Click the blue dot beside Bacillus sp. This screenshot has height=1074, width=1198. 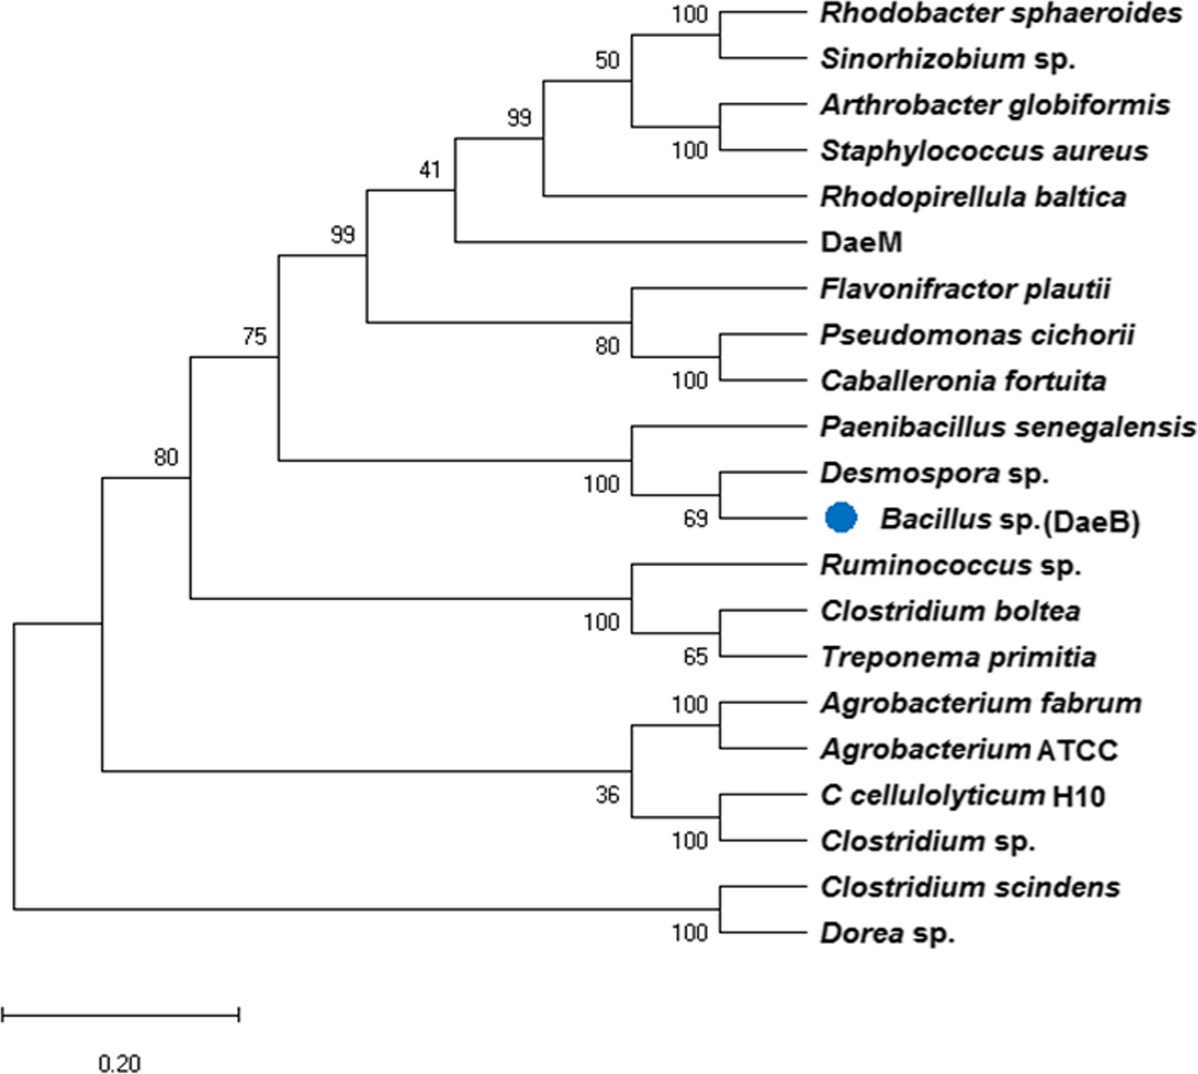(840, 518)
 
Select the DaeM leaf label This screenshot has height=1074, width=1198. (861, 243)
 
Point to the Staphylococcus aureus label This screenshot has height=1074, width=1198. (984, 151)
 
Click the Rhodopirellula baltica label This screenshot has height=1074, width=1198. (973, 197)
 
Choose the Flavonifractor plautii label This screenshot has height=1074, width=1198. (965, 289)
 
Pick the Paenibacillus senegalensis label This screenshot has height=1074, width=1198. (1008, 427)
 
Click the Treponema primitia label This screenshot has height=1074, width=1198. (958, 657)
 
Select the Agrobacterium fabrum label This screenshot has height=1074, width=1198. (981, 703)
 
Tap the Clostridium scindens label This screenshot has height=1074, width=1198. (970, 887)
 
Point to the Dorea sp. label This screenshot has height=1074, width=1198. (888, 933)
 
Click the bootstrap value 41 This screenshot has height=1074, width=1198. (430, 171)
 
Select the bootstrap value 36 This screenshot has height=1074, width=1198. (607, 794)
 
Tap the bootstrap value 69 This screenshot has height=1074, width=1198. (695, 519)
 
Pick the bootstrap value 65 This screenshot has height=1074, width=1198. (695, 657)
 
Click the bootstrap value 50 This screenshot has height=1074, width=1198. (607, 60)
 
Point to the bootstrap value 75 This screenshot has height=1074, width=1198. (254, 336)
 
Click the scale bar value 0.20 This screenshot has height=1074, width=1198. (119, 1063)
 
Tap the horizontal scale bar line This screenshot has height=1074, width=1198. (120, 1015)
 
